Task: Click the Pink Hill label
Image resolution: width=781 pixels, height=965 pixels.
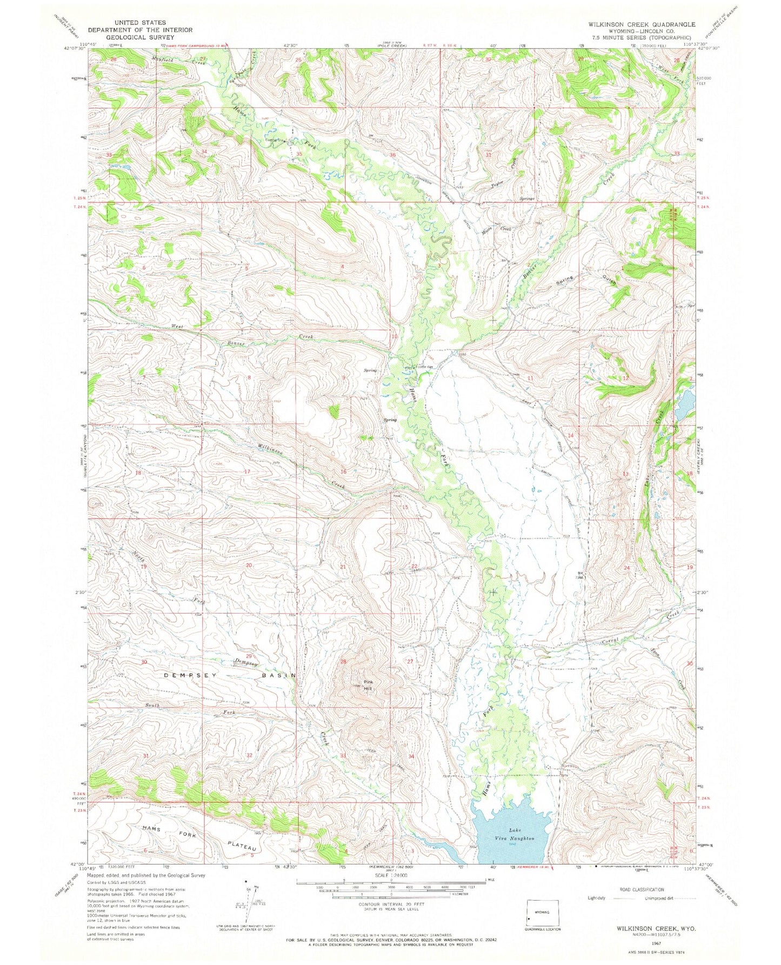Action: pyautogui.click(x=368, y=685)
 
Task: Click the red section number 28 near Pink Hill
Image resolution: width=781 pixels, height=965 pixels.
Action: pyautogui.click(x=343, y=661)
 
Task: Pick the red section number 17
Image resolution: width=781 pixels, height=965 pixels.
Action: pyautogui.click(x=248, y=471)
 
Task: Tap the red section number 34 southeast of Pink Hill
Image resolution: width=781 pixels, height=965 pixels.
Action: pyautogui.click(x=412, y=756)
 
